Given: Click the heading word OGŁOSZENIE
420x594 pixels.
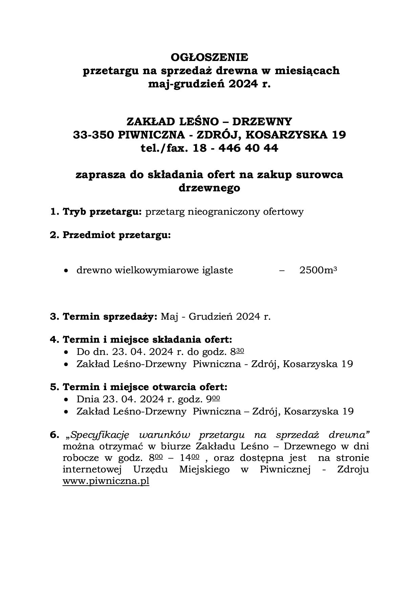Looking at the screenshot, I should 209,57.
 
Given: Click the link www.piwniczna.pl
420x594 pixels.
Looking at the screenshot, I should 106,481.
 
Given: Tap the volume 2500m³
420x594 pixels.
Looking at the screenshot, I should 318,270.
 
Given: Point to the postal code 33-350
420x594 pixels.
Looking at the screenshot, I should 93,135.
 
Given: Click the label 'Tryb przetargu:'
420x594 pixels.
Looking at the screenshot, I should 102,212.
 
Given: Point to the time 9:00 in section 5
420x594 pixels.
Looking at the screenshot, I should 215,399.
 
